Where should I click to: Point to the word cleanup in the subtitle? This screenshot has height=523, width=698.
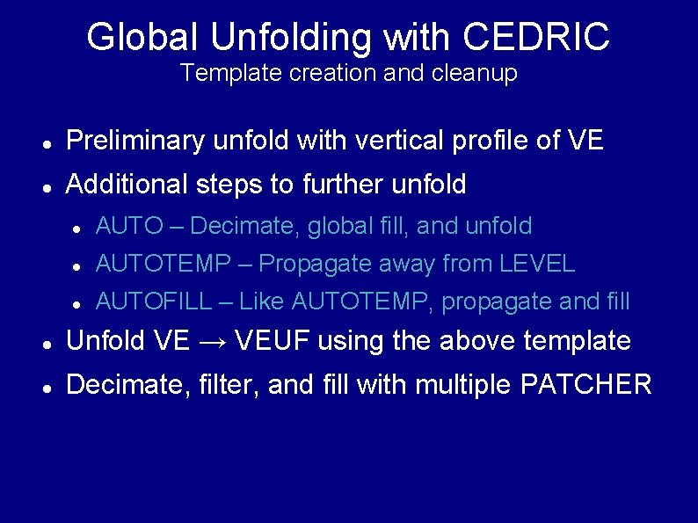(474, 73)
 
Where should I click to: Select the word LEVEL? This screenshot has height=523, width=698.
(537, 264)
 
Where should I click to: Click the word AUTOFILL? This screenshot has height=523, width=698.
(154, 301)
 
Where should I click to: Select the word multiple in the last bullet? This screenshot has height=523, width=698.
(460, 384)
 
